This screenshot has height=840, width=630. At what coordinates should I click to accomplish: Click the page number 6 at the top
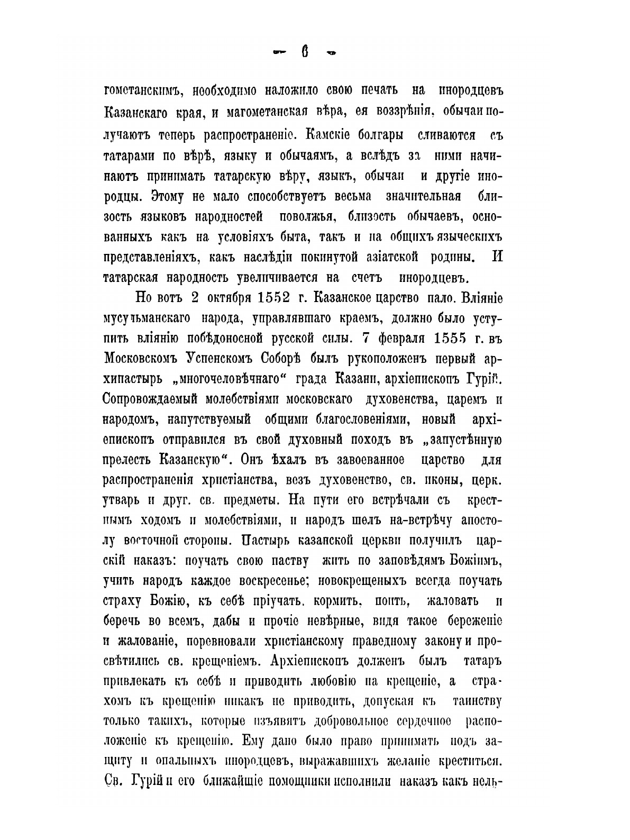click(x=305, y=52)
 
